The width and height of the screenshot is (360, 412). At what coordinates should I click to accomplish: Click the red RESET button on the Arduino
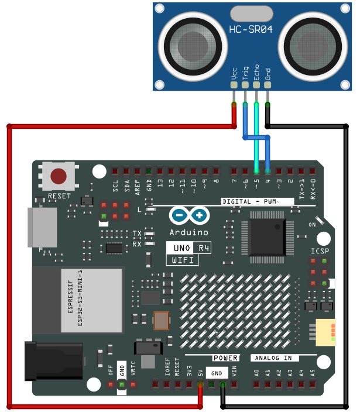pos(59,176)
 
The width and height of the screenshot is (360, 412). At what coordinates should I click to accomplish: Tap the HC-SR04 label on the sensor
pos(251,29)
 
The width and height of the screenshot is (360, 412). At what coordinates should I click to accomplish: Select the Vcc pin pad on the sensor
pos(234,85)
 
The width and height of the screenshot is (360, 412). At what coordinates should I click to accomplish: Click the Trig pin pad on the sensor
pos(245,85)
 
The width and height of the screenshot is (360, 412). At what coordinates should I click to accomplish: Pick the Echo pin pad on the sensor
pos(256,85)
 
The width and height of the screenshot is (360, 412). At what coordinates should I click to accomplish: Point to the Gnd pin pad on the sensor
pos(268,85)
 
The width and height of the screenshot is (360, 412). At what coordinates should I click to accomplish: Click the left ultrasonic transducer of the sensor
pos(193,46)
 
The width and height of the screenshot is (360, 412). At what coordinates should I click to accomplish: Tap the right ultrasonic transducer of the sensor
pos(313,46)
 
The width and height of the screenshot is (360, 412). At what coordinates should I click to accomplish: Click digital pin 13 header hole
pos(160,171)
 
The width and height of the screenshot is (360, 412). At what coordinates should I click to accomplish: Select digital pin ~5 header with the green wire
pos(256,171)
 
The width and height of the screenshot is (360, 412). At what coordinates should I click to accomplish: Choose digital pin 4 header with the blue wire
pos(268,171)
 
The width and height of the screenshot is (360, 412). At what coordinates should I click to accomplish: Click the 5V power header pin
pos(200,385)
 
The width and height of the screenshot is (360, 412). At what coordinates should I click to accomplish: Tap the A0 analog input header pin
pos(256,385)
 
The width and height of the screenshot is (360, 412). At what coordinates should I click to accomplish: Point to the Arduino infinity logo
pos(189,215)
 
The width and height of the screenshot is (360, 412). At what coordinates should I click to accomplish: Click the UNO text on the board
pos(182,248)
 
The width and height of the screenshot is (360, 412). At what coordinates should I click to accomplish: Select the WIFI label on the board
pos(183,260)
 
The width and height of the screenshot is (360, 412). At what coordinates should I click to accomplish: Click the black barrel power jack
pos(54,361)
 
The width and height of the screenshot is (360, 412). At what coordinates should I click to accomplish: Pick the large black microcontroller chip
pos(267,237)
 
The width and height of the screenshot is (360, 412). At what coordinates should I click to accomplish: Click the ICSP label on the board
pos(320,251)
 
